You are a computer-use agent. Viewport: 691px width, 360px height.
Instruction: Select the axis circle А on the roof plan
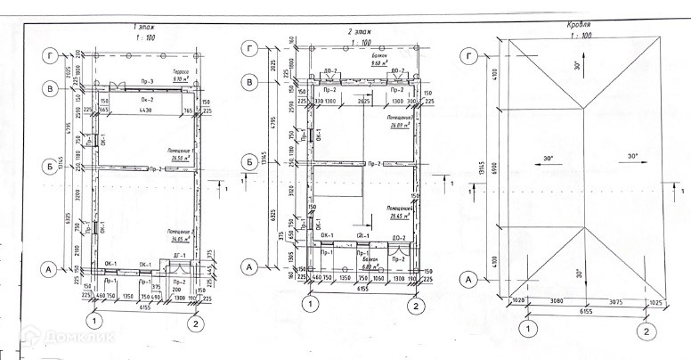coord(466,278)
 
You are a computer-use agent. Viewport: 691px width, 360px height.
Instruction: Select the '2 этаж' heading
coord(359,31)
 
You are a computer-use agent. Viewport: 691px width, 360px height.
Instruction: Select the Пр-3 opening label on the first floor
coord(148,83)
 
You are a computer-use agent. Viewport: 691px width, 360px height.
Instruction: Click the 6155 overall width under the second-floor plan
coord(362,290)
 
